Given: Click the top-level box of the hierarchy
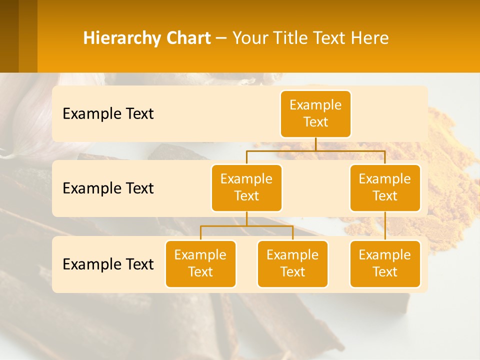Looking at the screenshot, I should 315,113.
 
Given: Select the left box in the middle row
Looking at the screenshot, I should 246,187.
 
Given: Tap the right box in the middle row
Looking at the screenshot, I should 385,187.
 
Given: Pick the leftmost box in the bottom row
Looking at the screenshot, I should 200,263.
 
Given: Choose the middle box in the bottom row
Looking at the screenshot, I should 292,263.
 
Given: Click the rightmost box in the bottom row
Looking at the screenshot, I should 385,263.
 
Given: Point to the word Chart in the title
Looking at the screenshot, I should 189,38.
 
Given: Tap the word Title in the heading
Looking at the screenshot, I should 290,38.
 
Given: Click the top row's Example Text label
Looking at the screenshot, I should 108,113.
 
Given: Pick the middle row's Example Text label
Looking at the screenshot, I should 108,188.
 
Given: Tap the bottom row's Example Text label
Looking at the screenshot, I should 108,264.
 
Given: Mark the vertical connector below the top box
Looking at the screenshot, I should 315,144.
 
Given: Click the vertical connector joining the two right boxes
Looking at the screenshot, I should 385,226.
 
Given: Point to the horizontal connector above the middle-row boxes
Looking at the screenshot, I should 315,150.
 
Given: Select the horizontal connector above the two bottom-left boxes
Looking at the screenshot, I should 246,226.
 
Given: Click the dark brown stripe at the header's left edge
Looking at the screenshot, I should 9,36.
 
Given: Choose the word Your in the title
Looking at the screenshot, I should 250,38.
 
